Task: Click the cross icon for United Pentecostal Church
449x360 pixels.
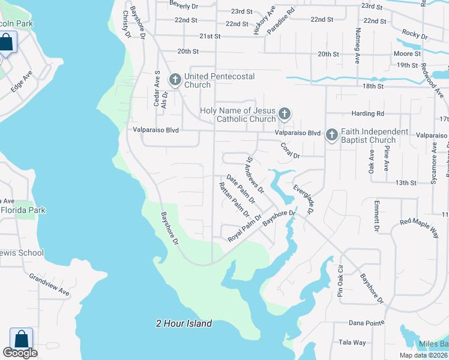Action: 175,79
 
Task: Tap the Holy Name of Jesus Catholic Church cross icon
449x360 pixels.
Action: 285,113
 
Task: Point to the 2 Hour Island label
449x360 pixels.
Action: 184,323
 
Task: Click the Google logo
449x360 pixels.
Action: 20,353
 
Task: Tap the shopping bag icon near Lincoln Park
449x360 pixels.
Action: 6,43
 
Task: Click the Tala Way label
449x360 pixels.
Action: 352,343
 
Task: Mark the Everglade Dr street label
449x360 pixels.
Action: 304,199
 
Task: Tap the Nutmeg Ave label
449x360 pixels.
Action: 357,46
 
